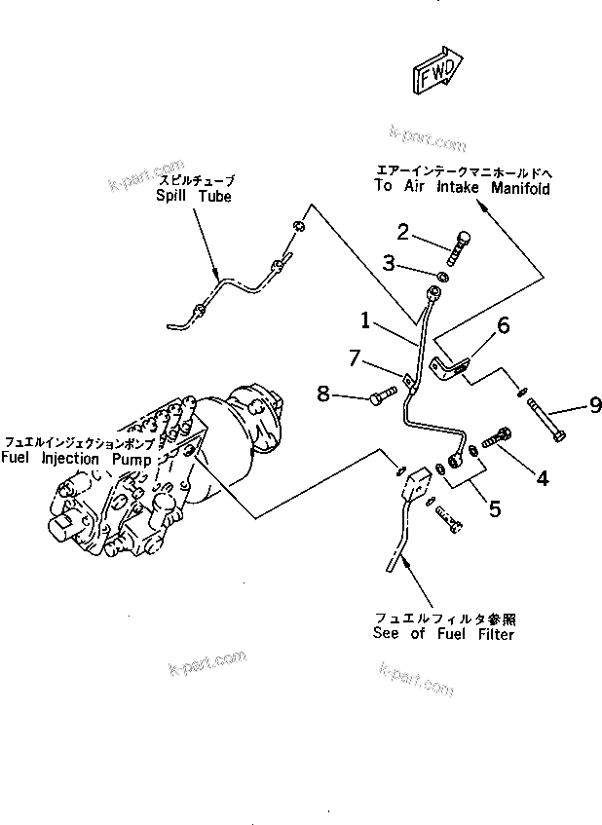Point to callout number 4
click(542, 477)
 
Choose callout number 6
click(504, 326)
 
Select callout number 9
click(593, 405)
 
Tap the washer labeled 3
click(441, 278)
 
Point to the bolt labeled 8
click(382, 395)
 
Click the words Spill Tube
click(194, 196)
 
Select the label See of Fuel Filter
click(443, 633)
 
